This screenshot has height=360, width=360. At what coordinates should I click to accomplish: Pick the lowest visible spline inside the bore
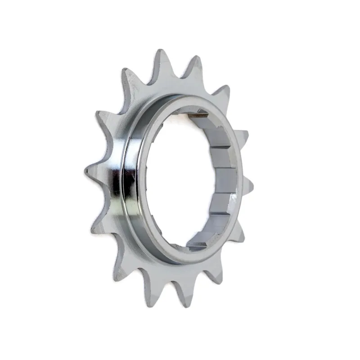click(198, 245)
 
